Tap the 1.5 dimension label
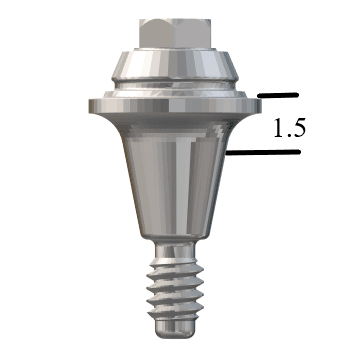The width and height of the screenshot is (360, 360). [290, 127]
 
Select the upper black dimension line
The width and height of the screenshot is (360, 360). [279, 96]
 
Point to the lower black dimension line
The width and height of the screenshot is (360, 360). [264, 153]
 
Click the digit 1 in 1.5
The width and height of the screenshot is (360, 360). [276, 127]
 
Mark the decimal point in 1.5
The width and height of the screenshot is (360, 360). [289, 135]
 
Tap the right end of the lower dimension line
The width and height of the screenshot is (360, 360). [299, 153]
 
